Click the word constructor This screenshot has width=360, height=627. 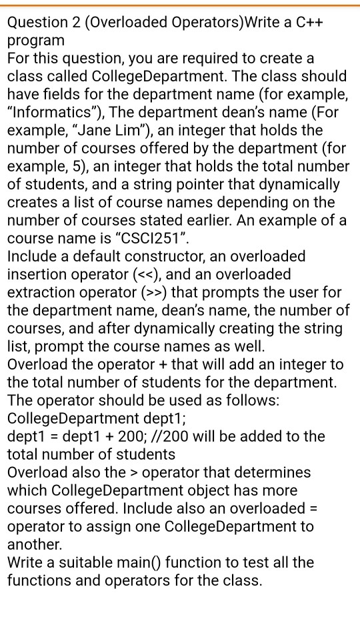coord(268,256)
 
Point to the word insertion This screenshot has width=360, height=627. coord(34,274)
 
